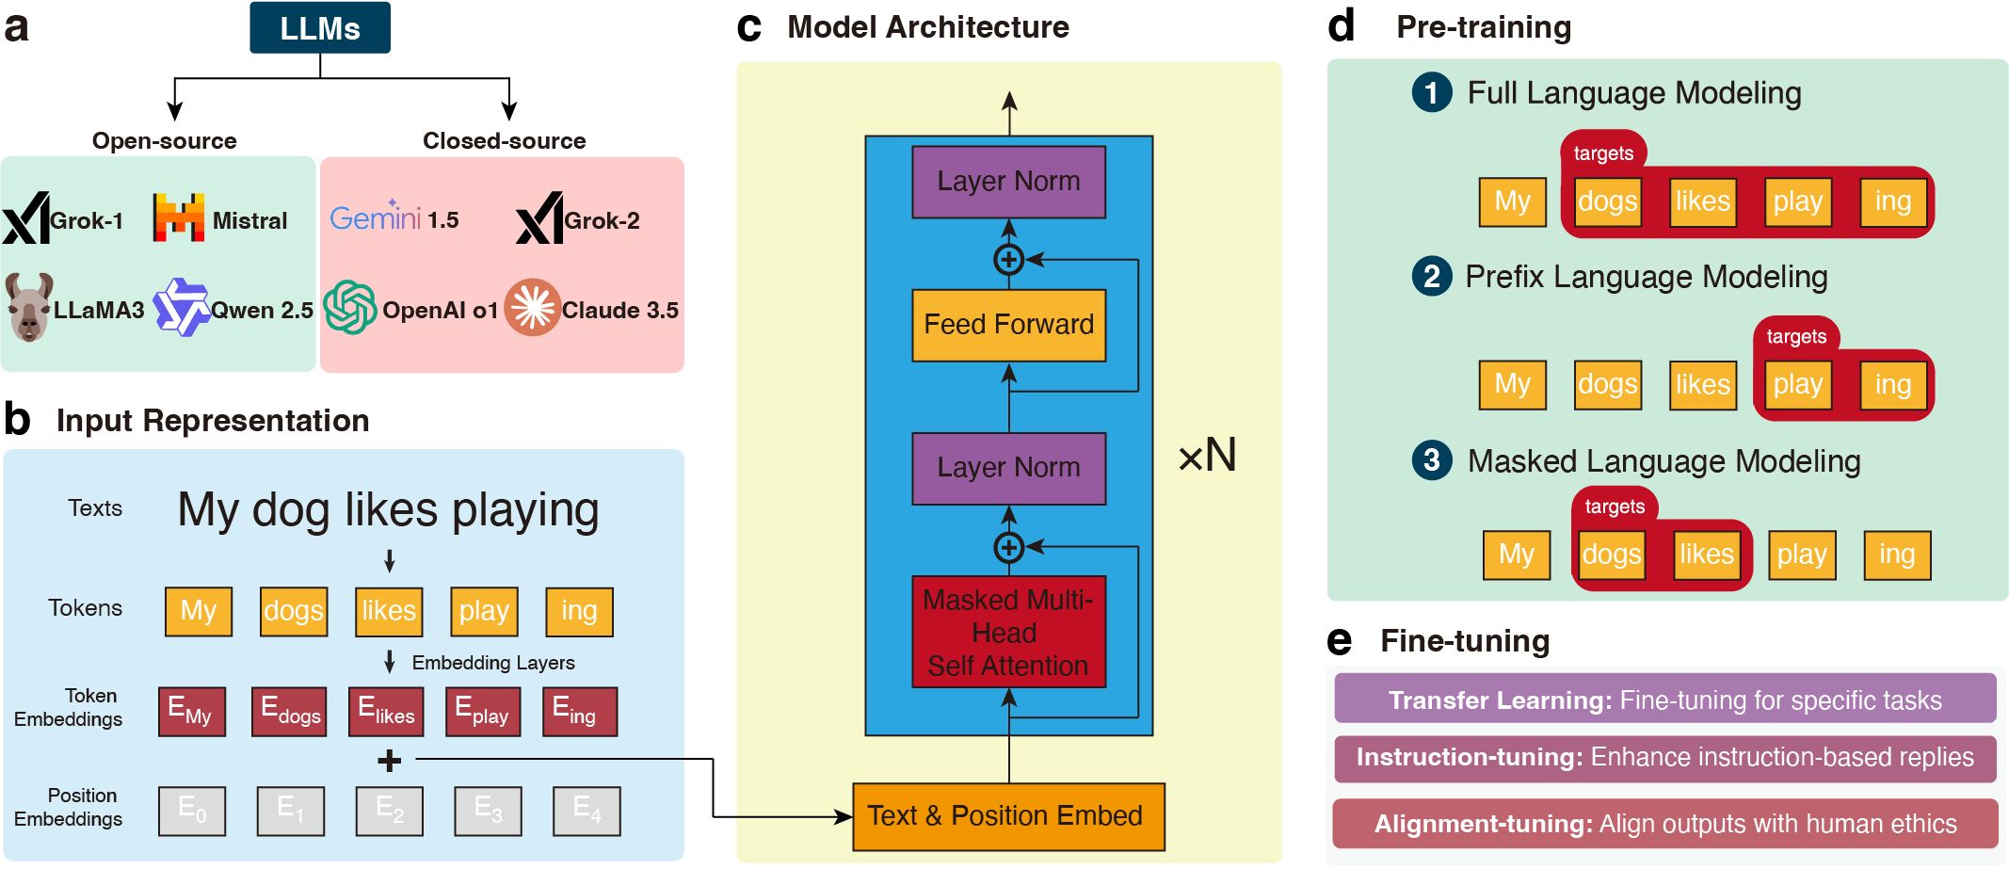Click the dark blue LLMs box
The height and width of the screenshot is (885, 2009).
coord(319,28)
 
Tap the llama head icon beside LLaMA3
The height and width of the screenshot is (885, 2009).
coord(28,307)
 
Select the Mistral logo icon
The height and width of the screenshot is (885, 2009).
coord(178,218)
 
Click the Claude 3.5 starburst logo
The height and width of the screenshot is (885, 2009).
coord(533,307)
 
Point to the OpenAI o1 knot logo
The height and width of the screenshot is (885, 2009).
coord(350,307)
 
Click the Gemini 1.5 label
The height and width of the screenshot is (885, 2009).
coord(394,218)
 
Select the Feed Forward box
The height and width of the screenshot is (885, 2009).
coord(1008,325)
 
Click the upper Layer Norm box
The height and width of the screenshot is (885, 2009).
coord(1008,181)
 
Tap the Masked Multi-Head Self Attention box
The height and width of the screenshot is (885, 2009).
coord(1008,632)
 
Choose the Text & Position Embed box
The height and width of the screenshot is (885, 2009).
coord(1008,815)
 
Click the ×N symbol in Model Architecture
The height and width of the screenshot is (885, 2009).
coord(1208,456)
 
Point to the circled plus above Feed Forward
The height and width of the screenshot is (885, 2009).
coord(1008,259)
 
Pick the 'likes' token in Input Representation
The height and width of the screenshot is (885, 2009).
coord(389,611)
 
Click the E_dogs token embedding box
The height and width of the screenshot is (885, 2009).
coord(290,711)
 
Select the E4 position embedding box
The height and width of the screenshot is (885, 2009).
coord(587,811)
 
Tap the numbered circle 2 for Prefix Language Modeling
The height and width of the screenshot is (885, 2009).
coord(1431,277)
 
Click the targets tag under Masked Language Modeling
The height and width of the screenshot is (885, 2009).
coord(1615,507)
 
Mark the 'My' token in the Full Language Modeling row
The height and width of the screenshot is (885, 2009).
coord(1512,201)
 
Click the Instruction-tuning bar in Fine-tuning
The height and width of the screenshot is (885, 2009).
coord(1664,758)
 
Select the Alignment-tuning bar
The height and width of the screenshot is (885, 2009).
coord(1664,824)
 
